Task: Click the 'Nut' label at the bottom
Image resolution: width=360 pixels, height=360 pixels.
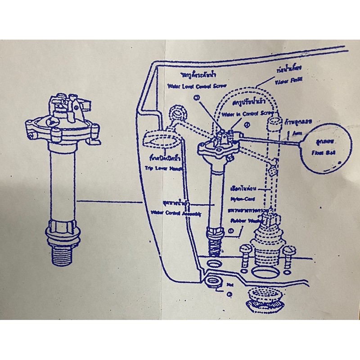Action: point(230,284)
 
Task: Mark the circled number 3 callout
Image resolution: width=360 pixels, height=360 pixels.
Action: point(197,98)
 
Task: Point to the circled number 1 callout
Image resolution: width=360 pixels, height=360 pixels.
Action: point(231,232)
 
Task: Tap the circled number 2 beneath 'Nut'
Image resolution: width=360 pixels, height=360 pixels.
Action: point(230,295)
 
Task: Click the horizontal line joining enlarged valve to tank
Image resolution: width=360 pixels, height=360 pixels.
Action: point(108,201)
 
